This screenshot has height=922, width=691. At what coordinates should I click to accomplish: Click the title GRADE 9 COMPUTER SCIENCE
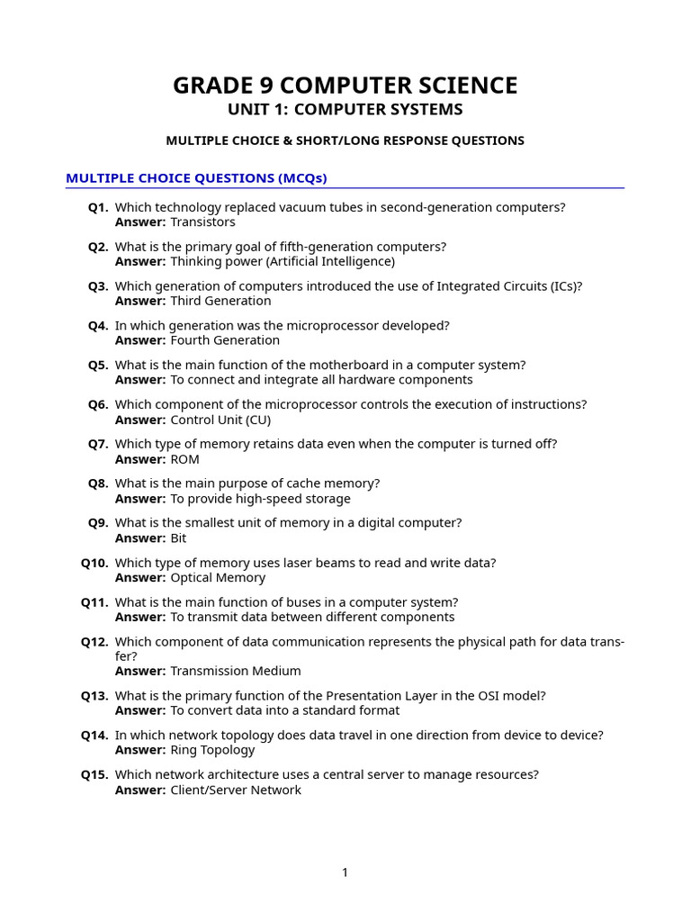[x=345, y=86]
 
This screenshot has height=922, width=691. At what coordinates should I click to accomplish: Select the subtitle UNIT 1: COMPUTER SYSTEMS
[x=345, y=110]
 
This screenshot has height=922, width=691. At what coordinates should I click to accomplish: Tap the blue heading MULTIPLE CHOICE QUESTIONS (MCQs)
[x=196, y=178]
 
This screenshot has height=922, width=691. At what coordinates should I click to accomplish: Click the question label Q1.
[x=98, y=208]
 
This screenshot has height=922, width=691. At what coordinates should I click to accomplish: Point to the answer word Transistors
[x=202, y=222]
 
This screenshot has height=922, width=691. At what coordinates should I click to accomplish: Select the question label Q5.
[x=98, y=366]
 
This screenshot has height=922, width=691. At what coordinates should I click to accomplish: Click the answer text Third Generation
[x=220, y=301]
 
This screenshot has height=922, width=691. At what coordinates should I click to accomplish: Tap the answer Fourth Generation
[x=225, y=340]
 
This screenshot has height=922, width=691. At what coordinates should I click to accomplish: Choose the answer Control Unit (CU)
[x=220, y=420]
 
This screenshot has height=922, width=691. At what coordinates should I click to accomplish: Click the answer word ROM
[x=184, y=459]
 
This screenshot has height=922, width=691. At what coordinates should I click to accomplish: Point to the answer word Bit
[x=178, y=538]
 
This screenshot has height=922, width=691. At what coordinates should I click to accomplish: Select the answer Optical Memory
[x=218, y=578]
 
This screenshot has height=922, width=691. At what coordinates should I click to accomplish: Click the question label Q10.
[x=94, y=564]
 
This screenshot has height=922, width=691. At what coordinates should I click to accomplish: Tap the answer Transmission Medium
[x=236, y=671]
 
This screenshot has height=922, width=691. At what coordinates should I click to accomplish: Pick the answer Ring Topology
[x=212, y=750]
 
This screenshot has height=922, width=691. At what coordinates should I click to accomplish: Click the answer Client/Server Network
[x=236, y=791]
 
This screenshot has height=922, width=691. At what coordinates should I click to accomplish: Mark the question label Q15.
[x=94, y=775]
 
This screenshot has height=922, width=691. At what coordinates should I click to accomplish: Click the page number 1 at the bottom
[x=345, y=872]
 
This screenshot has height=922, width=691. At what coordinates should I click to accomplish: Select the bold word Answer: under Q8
[x=140, y=499]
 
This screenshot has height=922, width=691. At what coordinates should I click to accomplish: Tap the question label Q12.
[x=94, y=643]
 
